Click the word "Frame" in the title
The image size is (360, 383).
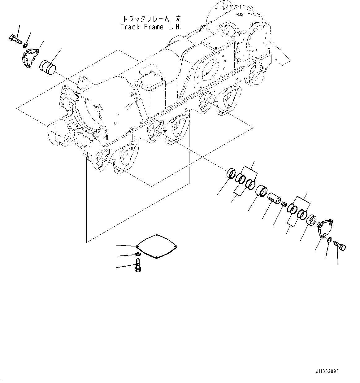[154, 27]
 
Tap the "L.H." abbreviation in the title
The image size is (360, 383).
[174, 27]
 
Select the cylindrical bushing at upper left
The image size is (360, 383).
[47, 67]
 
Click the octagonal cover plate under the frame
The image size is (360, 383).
[157, 246]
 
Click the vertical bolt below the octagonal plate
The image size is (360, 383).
[138, 266]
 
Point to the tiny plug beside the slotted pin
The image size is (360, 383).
[284, 203]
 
